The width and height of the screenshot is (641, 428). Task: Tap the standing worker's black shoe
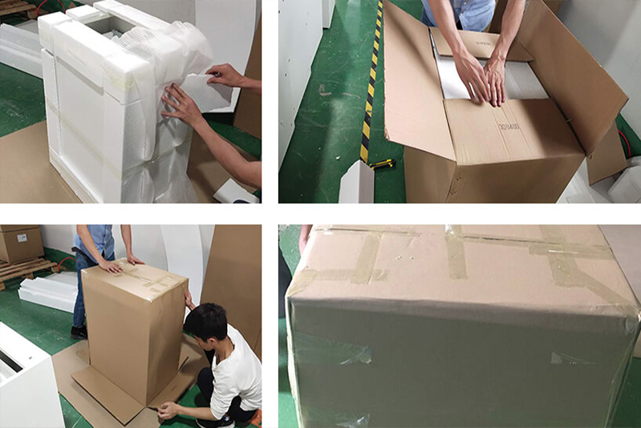point(79,331)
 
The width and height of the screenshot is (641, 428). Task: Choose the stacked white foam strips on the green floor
point(48,292)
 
